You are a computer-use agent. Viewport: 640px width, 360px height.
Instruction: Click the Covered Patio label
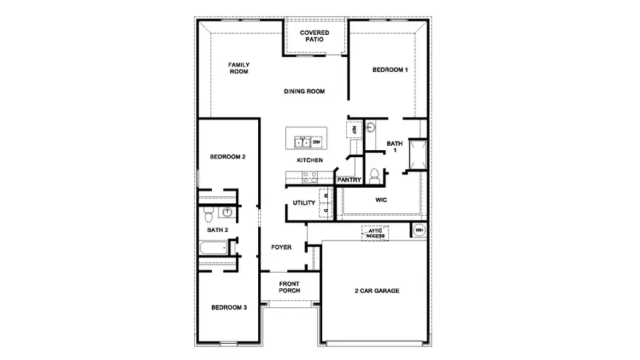tap(314, 36)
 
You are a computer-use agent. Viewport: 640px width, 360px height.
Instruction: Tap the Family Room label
tap(238, 68)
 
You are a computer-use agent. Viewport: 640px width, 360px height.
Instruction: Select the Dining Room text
tap(304, 91)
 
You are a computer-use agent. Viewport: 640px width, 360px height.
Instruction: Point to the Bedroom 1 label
tap(390, 70)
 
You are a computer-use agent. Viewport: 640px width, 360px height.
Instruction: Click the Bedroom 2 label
tap(228, 157)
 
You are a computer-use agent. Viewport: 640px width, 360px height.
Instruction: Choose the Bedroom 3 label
tap(229, 307)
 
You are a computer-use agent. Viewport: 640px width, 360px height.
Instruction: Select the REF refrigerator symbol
tap(353, 130)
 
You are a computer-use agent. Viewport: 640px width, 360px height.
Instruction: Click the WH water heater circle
tap(419, 231)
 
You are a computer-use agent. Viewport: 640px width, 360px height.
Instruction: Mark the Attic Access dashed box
tap(375, 233)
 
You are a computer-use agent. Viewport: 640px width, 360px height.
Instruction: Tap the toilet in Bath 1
tap(375, 174)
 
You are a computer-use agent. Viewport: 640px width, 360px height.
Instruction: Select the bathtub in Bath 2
tap(213, 249)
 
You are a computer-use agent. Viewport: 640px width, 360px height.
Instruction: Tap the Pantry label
tap(349, 180)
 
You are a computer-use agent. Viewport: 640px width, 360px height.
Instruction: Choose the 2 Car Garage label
tap(376, 290)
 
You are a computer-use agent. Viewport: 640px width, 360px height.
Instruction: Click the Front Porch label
tap(289, 286)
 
